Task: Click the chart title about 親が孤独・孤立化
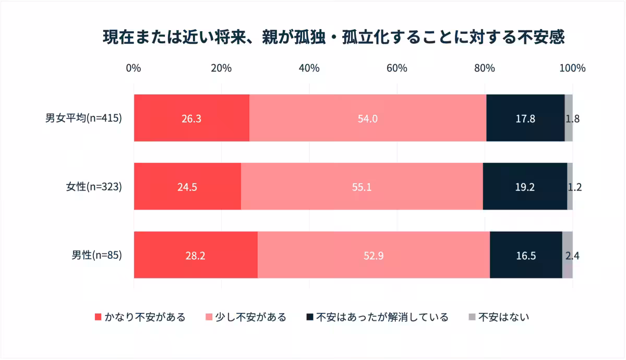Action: pos(333,38)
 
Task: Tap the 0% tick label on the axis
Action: pos(134,68)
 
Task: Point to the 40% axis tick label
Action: pos(309,68)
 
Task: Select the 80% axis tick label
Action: pos(484,68)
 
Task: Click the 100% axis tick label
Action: pos(572,68)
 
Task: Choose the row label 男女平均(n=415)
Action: pos(83,118)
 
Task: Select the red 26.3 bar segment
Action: pos(191,118)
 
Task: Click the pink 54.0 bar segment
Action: pos(368,118)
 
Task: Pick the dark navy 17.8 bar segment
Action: pos(525,118)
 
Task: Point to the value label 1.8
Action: pos(572,118)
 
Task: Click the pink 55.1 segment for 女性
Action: pos(362,186)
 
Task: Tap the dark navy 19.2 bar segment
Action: pos(525,186)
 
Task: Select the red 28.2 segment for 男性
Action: pos(196,255)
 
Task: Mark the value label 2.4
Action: pos(572,256)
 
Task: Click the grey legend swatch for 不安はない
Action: pos(472,317)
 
